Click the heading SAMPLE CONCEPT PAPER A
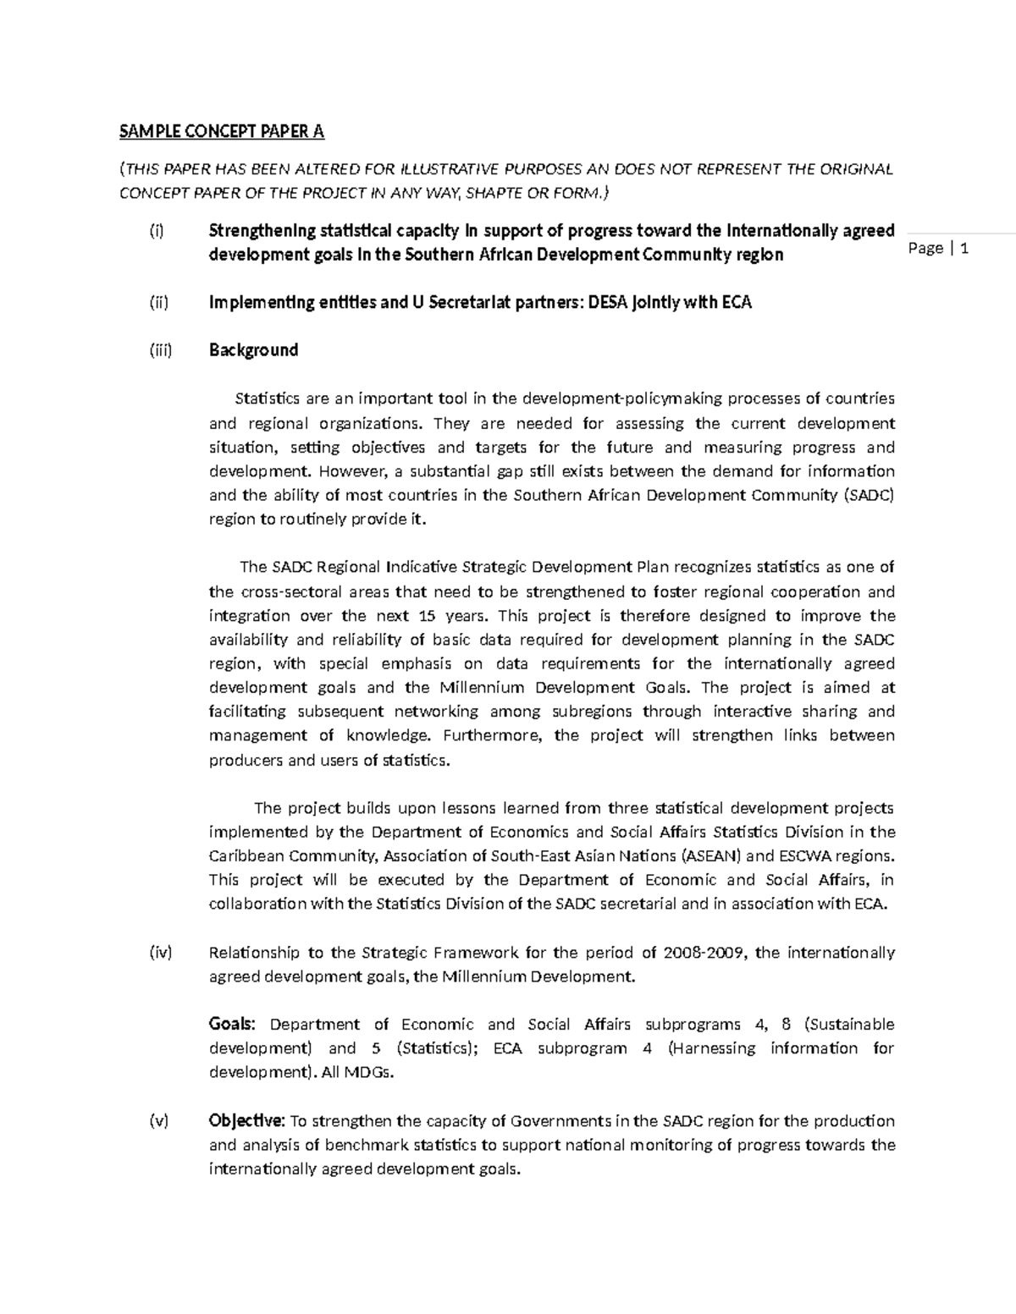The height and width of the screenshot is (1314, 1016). pyautogui.click(x=221, y=131)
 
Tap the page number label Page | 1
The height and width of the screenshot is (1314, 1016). pyautogui.click(x=938, y=248)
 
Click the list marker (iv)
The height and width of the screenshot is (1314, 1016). pyautogui.click(x=160, y=953)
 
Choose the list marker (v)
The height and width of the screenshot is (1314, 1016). pyautogui.click(x=159, y=1121)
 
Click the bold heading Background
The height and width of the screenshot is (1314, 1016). pyautogui.click(x=253, y=349)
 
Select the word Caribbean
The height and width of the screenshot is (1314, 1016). pyautogui.click(x=245, y=855)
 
